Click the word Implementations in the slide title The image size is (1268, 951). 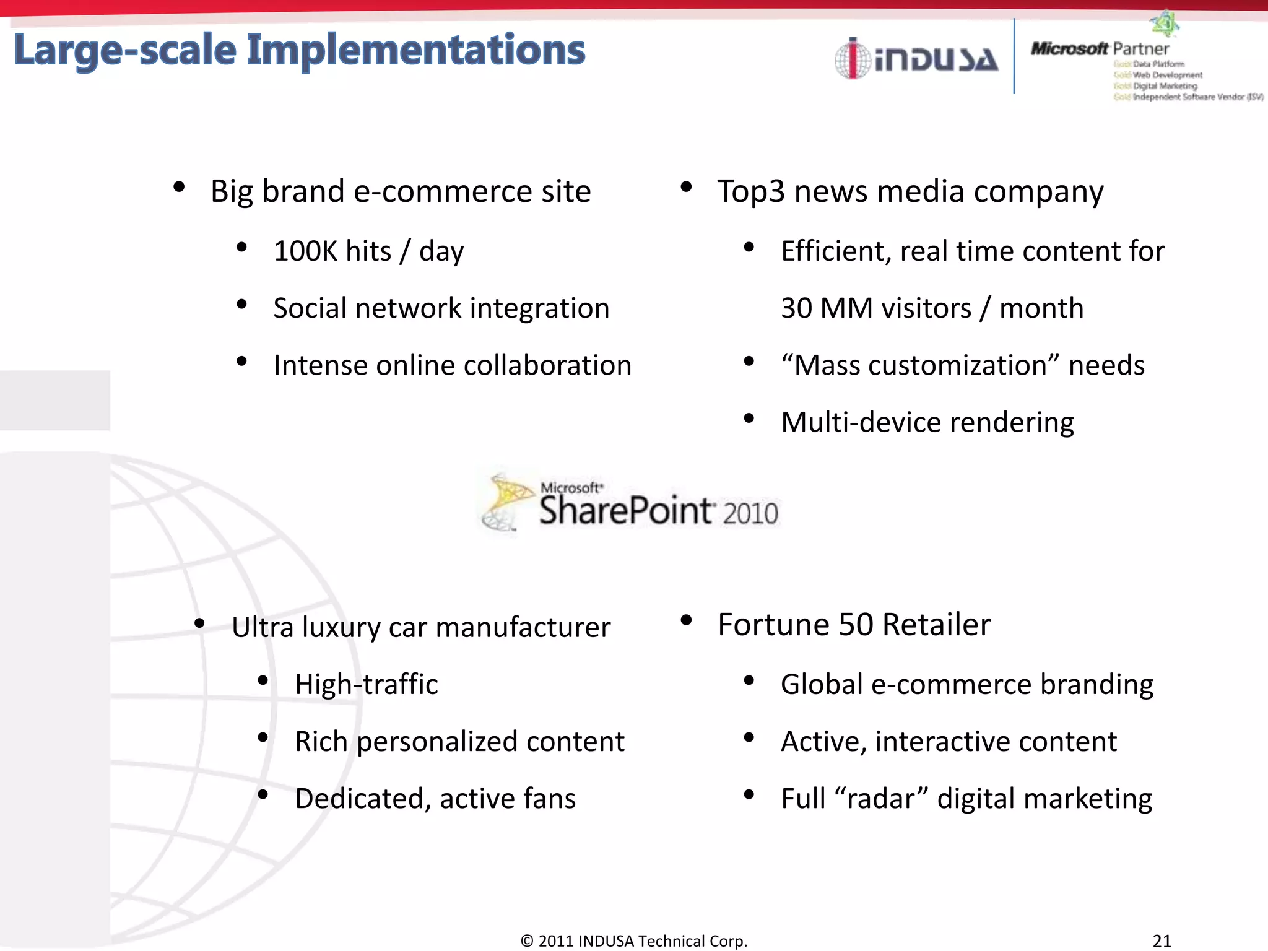pos(415,51)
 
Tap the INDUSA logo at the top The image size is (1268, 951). pos(916,59)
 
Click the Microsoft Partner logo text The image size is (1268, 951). pos(1100,49)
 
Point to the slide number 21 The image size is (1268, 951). pos(1162,940)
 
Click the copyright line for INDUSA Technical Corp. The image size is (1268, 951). pos(634,940)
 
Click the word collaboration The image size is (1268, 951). pos(547,365)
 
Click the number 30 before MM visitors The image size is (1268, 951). pos(796,308)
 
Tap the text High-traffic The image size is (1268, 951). pos(367,685)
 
